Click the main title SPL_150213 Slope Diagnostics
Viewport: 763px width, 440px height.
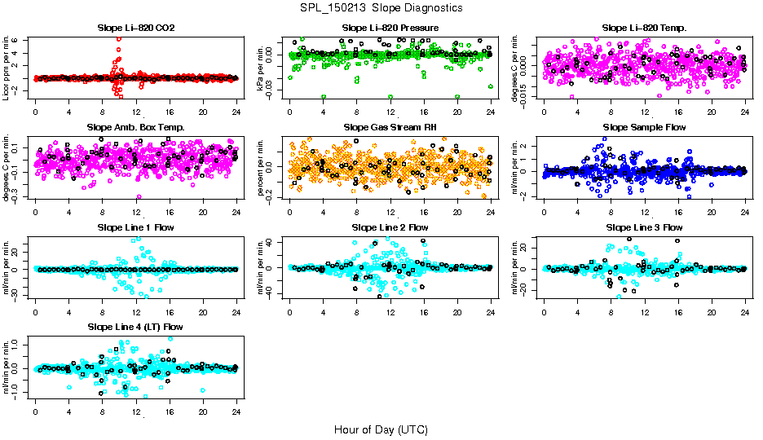(x=381, y=7)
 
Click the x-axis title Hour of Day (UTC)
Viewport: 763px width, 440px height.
(x=381, y=429)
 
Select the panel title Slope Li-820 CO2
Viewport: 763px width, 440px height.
(x=135, y=28)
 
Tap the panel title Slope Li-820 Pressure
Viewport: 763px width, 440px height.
(x=390, y=28)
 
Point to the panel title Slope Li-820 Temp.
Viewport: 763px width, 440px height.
(x=644, y=28)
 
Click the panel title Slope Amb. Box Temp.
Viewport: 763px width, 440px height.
(x=135, y=127)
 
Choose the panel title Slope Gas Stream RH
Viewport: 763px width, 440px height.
(x=390, y=127)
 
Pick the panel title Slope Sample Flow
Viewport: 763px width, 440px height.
(x=644, y=127)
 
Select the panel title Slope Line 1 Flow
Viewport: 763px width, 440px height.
(x=135, y=227)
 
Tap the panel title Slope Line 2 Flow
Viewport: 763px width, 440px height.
(x=390, y=227)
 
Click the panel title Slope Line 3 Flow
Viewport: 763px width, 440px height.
(x=644, y=227)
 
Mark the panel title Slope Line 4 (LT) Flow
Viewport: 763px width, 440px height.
(x=135, y=327)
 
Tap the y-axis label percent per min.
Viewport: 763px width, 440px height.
(x=262, y=167)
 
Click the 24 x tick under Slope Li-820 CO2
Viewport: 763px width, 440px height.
(x=236, y=112)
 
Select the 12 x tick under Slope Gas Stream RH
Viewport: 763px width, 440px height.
(x=390, y=212)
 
